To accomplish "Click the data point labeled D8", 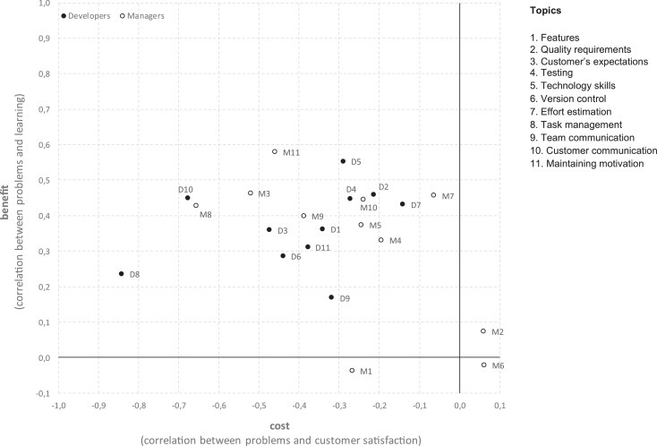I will tap(121, 274).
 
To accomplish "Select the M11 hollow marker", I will tap(275, 152).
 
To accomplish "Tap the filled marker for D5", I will tap(343, 161).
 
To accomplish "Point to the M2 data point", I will tap(483, 331).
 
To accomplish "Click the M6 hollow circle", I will tap(483, 365).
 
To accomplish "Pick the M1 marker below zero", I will tap(352, 370).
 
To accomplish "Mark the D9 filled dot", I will tap(331, 297).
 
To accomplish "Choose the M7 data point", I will tap(433, 195).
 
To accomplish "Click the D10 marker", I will tap(187, 198).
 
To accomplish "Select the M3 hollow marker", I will tap(251, 193).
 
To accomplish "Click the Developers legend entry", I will tap(86, 16).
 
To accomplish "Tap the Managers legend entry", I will tap(144, 16).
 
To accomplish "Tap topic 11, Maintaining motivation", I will tap(586, 163).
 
